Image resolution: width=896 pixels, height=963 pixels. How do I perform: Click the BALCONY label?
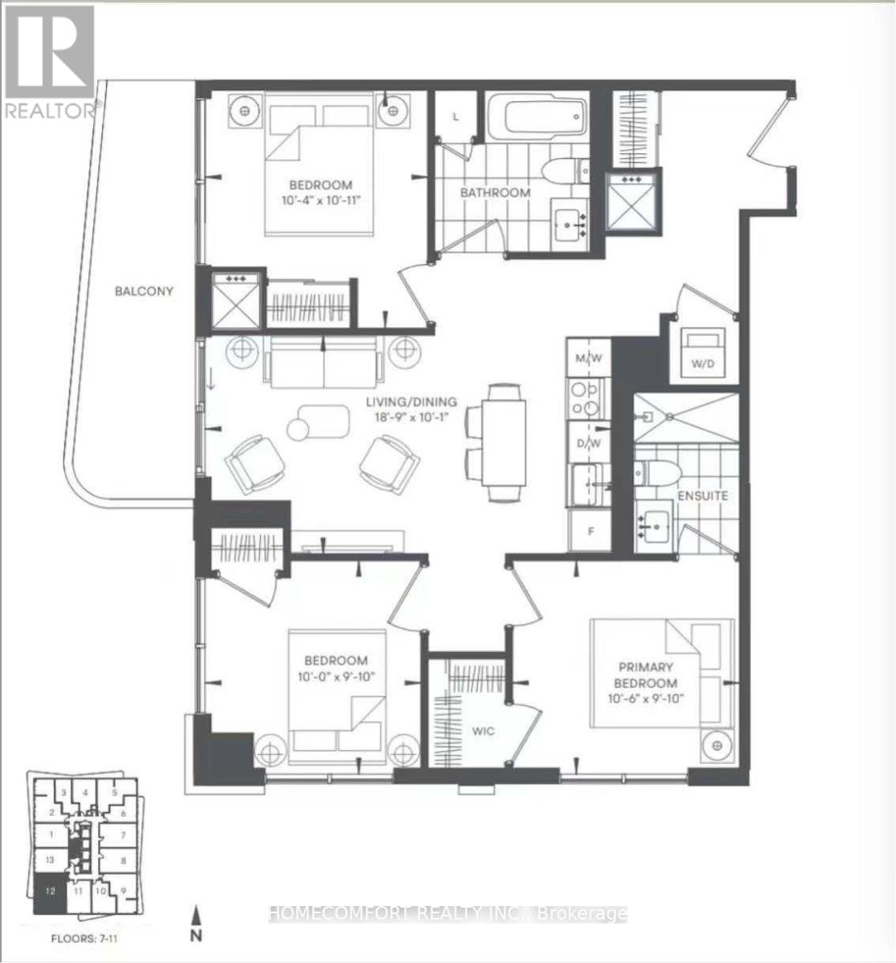click(x=144, y=291)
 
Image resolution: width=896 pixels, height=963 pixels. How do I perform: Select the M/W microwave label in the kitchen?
click(x=589, y=357)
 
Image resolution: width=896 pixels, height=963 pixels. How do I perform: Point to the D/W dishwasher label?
click(x=589, y=443)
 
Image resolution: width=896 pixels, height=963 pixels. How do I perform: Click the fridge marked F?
click(x=589, y=530)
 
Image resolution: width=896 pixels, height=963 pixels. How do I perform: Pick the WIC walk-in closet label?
click(x=483, y=731)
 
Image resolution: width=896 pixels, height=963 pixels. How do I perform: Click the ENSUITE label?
click(x=703, y=495)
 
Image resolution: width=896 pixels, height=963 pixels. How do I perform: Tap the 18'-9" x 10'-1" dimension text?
click(x=412, y=417)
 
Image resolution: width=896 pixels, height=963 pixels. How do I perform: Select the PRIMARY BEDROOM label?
click(x=646, y=675)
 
